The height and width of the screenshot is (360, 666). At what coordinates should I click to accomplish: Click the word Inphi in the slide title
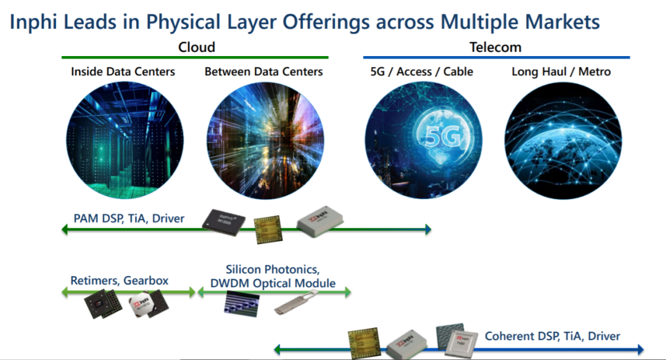35,22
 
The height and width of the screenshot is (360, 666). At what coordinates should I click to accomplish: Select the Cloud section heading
196,47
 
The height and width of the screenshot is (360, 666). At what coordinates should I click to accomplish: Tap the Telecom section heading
495,47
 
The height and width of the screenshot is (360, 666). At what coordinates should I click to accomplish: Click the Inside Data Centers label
123,72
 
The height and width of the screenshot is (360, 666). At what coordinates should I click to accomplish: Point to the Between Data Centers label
263,72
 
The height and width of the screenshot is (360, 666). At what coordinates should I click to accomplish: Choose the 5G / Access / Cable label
421,72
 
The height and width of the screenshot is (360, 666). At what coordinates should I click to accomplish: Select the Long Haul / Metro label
561,72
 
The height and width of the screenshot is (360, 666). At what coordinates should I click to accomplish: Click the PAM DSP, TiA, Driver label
129,218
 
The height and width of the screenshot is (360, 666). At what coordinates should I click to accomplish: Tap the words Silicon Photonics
272,270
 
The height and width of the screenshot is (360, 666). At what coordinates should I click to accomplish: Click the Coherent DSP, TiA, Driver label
553,336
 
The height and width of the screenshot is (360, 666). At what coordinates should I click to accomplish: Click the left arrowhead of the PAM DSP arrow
64,230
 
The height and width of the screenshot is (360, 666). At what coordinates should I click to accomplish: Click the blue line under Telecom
496,58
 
